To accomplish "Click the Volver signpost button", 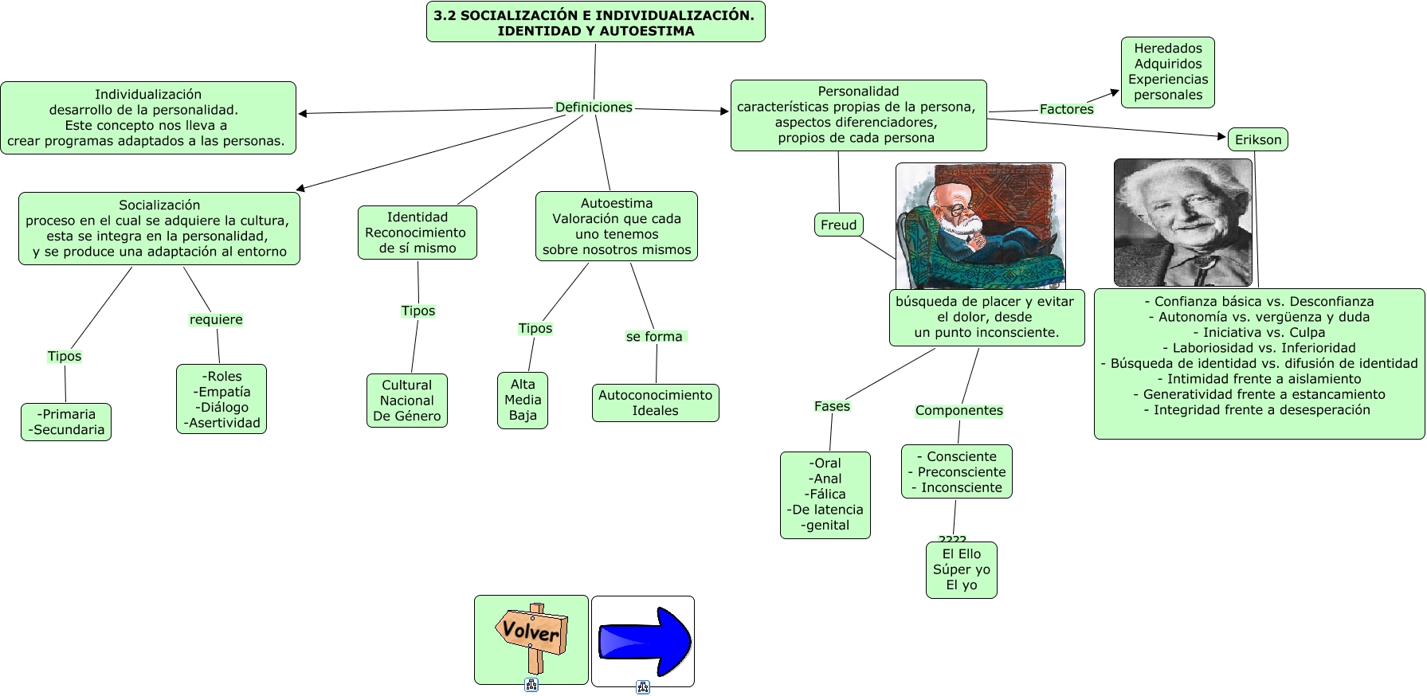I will (531, 639).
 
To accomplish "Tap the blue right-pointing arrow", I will (644, 640).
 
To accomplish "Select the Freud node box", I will (839, 225).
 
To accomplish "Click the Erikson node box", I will (1258, 140).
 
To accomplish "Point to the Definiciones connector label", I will (594, 108).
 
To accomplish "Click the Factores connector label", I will (1066, 109).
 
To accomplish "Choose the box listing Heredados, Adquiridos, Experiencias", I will (1168, 72).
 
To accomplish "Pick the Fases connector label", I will (832, 406).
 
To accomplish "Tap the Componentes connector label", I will (959, 411).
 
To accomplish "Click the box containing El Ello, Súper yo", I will (962, 570).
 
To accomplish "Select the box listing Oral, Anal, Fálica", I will (825, 495).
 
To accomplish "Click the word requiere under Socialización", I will (216, 320).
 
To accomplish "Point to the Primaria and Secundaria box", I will (66, 422).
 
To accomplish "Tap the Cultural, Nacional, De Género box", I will (407, 401).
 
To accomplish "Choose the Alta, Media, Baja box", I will (523, 401).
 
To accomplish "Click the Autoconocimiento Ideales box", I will (656, 403).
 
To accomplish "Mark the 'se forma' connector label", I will (655, 337).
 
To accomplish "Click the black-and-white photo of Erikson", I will (1183, 222).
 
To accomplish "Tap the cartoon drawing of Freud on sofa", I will (981, 227).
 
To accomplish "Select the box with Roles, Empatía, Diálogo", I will (221, 400).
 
